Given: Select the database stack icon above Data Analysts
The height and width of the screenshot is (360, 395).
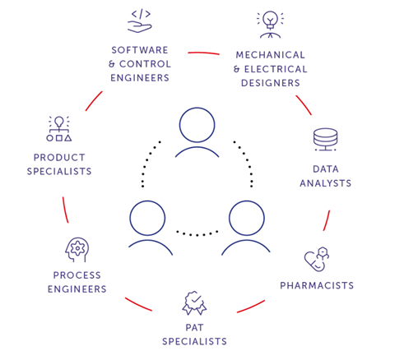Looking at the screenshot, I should [x=325, y=141].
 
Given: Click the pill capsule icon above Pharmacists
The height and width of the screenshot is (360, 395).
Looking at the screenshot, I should [x=316, y=260].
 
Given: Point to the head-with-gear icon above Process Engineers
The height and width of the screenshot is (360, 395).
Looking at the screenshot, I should [x=77, y=249].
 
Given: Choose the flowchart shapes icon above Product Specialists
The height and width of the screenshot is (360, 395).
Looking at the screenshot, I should [x=58, y=129].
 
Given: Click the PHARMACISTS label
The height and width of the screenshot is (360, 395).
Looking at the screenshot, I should [x=317, y=286].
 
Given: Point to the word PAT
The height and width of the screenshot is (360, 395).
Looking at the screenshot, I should [x=194, y=327].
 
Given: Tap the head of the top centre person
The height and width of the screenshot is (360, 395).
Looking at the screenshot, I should [x=197, y=126].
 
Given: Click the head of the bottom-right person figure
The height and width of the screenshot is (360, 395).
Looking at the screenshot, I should [x=246, y=218].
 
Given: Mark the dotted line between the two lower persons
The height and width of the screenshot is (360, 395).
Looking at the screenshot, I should [x=197, y=233].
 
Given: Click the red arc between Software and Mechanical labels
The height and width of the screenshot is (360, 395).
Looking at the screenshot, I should [x=203, y=53].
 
